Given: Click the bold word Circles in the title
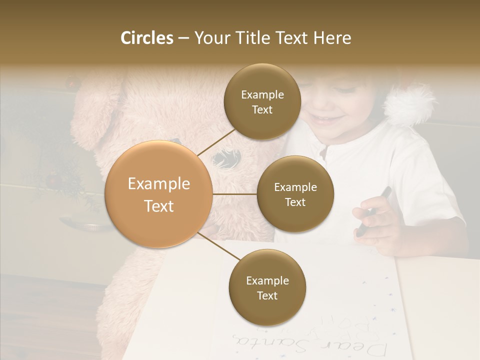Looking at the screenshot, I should [147, 38].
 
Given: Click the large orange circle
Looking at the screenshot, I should [159, 194].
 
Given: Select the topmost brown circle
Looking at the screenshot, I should [262, 102].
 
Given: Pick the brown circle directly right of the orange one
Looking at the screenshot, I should [295, 194].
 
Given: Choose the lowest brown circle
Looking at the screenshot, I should [267, 287].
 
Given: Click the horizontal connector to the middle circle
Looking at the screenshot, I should [234, 194].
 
